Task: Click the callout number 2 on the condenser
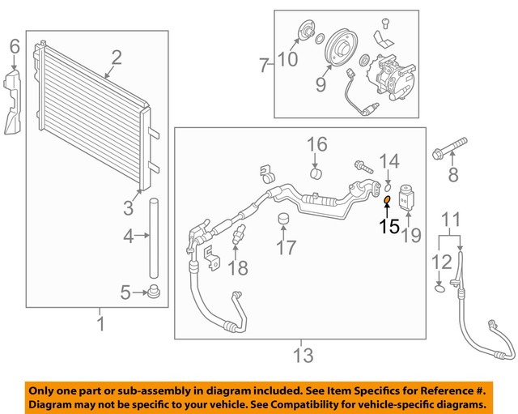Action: (117, 57)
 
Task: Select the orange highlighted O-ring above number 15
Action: (387, 200)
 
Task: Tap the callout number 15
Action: (389, 226)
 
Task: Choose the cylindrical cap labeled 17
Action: (284, 220)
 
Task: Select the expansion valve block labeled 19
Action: (406, 198)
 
